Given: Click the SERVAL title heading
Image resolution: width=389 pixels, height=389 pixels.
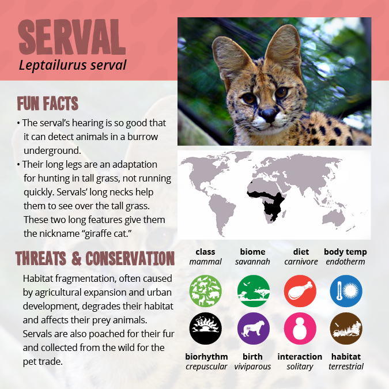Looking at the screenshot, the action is coord(72,37).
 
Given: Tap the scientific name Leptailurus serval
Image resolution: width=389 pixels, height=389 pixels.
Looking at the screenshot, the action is coord(73,65).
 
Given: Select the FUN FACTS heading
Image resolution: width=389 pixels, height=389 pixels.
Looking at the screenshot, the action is coord(48,104).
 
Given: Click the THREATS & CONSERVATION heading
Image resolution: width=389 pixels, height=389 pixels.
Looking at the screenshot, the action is coord(95,258).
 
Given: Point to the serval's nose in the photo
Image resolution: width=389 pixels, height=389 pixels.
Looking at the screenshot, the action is coord(269,115).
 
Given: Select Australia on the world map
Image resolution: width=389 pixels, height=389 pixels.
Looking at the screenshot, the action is coord(334,218).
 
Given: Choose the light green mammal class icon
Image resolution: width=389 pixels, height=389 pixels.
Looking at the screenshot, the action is coord(205,291).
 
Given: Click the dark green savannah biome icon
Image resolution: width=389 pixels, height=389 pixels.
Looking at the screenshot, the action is coord(254,291).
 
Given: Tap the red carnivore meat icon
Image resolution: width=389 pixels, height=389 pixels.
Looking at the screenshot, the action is coord(300,291).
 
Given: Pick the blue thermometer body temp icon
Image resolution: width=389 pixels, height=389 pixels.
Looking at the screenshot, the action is coord(346,291).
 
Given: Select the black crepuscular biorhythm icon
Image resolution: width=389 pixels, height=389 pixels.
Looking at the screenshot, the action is coord(205,328).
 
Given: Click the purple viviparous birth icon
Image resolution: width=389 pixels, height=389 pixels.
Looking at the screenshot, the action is coord(254,328).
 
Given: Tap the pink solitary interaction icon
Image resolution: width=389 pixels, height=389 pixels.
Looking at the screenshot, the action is coord(300,328).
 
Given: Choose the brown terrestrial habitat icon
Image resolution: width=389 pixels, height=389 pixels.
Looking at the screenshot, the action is coord(346,328).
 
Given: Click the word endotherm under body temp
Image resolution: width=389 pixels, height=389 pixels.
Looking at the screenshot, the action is coord(345,262).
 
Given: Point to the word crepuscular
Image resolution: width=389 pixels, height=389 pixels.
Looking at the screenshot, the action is coord(206,367).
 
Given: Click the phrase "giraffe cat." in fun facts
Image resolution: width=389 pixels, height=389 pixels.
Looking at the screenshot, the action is coord(107,234).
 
